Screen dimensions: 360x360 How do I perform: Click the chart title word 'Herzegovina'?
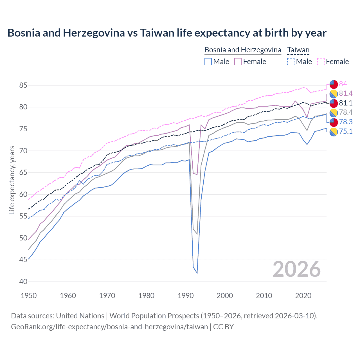tap(94, 33)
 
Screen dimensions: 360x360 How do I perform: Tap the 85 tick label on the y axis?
tap(23, 85)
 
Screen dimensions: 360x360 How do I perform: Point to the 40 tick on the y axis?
tap(23, 282)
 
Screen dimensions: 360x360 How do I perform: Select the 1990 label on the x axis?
tap(186, 296)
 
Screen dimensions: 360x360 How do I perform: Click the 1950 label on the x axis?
tap(29, 296)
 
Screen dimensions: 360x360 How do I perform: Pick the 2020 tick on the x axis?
tap(303, 296)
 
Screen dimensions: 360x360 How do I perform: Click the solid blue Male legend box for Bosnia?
tap(208, 62)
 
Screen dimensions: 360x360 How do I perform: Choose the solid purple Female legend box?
tap(238, 62)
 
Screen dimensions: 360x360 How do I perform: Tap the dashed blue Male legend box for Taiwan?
tap(291, 62)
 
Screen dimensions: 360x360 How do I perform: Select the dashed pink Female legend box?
tap(321, 62)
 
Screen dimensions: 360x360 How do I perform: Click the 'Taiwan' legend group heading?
tap(298, 50)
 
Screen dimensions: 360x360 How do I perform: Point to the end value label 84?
tap(343, 84)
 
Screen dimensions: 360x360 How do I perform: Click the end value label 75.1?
tap(346, 131)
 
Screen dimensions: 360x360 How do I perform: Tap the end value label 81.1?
tap(346, 103)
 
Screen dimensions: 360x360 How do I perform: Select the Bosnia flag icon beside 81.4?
tap(334, 94)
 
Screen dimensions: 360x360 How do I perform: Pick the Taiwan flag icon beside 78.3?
tap(334, 122)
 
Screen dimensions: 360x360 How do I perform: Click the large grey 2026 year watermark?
tap(297, 269)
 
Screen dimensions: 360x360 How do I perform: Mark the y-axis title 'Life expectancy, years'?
tap(12, 180)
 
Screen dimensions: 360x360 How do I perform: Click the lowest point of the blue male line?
tap(197, 273)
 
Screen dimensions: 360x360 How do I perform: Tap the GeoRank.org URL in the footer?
tap(109, 327)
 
